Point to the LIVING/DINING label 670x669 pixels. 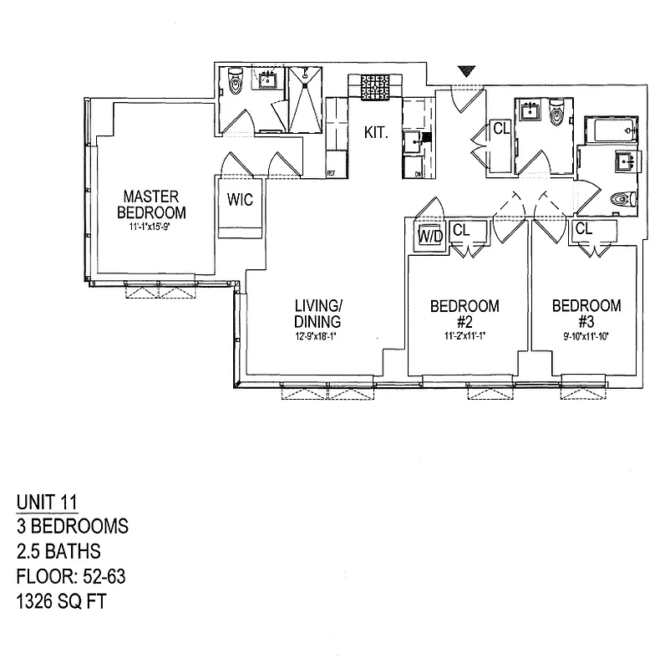pos(317,314)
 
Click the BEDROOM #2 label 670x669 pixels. pos(464,314)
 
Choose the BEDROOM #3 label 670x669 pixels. pos(586,314)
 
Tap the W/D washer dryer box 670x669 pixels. pos(431,236)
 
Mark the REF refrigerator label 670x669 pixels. pos(331,173)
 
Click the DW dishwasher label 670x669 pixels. pos(419,173)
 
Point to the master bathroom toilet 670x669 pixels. pos(235,84)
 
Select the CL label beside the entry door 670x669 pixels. pos(500,129)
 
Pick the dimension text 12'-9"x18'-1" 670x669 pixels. pos(317,338)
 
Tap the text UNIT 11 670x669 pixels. pos(47,503)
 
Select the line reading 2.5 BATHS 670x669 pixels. pos(58,551)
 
